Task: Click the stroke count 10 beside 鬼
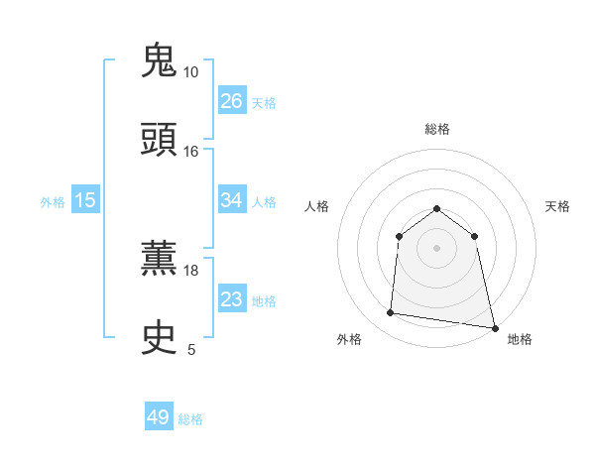click(190, 72)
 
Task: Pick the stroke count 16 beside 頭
click(190, 152)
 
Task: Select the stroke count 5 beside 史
click(191, 349)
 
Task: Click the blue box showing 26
click(231, 101)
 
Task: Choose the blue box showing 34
click(231, 200)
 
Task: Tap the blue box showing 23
click(231, 299)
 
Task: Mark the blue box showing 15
click(85, 200)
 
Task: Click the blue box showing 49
click(159, 417)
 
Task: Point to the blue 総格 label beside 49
click(191, 419)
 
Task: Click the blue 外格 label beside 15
click(53, 202)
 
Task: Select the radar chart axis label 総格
click(437, 129)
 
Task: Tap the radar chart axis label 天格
click(558, 206)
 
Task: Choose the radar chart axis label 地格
click(520, 340)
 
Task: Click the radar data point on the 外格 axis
click(391, 313)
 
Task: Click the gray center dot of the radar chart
click(437, 247)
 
